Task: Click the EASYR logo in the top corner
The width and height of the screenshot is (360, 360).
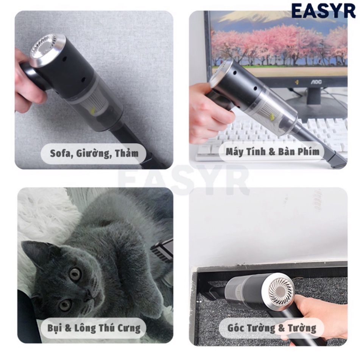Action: tap(323, 11)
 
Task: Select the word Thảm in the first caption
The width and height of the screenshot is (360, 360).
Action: tap(127, 153)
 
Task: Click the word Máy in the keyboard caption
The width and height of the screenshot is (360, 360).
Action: tap(234, 152)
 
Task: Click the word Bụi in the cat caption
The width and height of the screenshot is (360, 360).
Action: tap(55, 328)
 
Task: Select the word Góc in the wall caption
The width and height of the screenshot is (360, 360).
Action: tap(236, 328)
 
